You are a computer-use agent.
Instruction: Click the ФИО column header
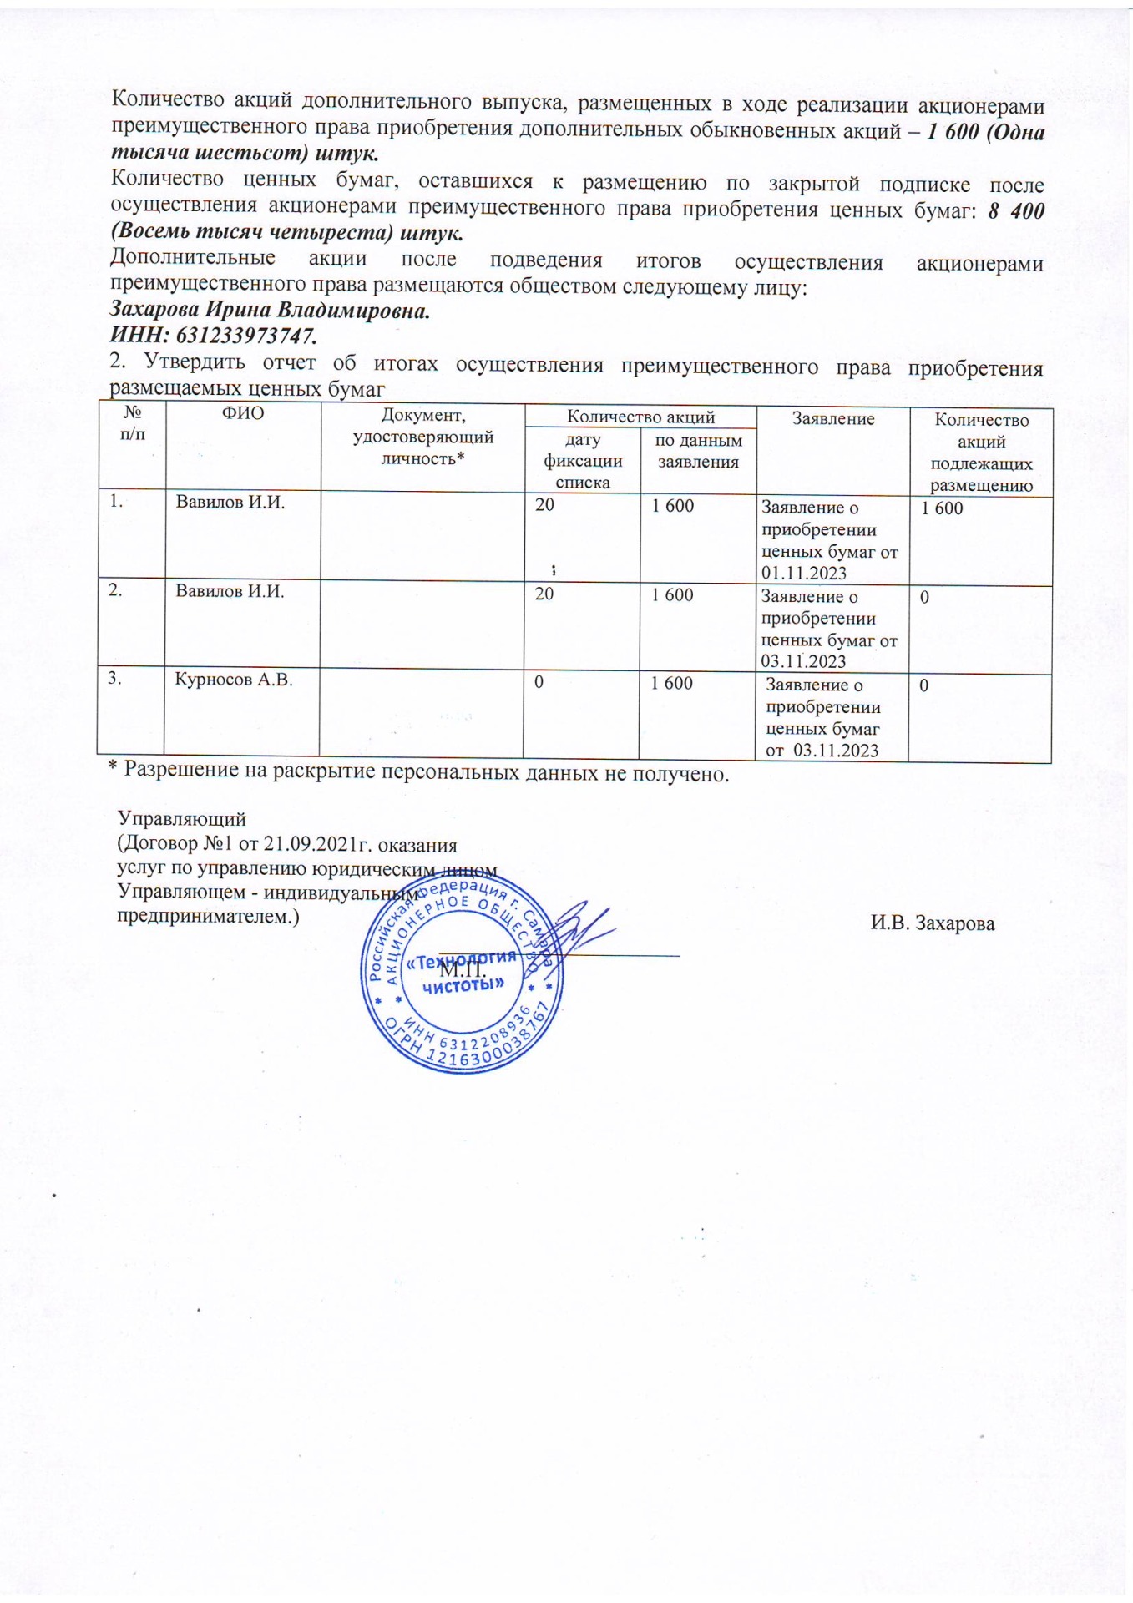pos(242,412)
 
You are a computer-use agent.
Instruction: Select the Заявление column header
pos(832,419)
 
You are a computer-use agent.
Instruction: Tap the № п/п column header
pos(131,422)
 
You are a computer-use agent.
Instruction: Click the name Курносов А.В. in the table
pos(234,680)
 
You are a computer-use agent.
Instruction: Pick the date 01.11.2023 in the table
pos(804,573)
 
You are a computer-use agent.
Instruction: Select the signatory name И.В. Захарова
pos(932,923)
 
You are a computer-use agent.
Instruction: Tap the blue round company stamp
pos(462,985)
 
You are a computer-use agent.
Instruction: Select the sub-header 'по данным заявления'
pos(698,451)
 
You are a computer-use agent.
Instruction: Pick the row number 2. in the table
pos(115,589)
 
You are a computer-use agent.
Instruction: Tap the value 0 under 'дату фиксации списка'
pos(539,682)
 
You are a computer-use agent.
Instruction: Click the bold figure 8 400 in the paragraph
pos(1015,210)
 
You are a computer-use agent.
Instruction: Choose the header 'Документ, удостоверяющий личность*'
pos(422,437)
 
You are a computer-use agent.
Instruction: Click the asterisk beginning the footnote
pos(112,770)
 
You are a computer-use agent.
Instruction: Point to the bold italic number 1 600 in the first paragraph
pos(952,132)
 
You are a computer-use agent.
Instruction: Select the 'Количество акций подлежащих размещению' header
pos(981,453)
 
